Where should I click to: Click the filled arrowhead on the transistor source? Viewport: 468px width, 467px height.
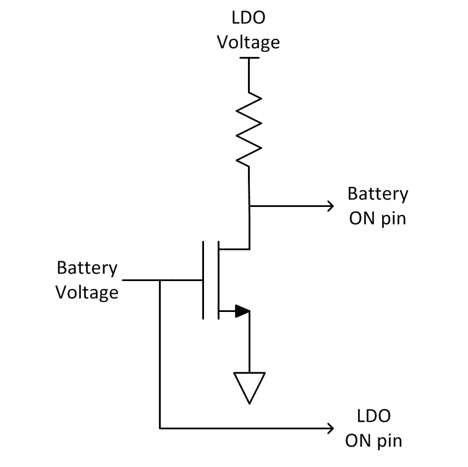coord(242,311)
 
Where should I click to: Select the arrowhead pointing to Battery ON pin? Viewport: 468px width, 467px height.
coord(330,206)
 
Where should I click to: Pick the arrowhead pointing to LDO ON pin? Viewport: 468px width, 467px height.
coord(330,427)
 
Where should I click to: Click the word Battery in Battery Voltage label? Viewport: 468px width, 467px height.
coord(87,268)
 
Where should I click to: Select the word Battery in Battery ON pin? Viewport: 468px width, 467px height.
coord(377,193)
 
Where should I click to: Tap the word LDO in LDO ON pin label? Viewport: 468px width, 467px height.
coord(373,416)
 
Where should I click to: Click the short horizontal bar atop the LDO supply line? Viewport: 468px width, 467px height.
coord(249,58)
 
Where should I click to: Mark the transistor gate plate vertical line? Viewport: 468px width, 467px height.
coord(203,280)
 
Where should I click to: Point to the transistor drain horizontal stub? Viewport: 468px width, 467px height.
coord(234,249)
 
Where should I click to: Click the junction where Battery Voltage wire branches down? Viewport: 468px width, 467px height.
coord(160,280)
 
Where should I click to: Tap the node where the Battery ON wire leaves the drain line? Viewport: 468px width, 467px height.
coord(249,206)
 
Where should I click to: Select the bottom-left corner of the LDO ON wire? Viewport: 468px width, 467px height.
coord(160,427)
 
